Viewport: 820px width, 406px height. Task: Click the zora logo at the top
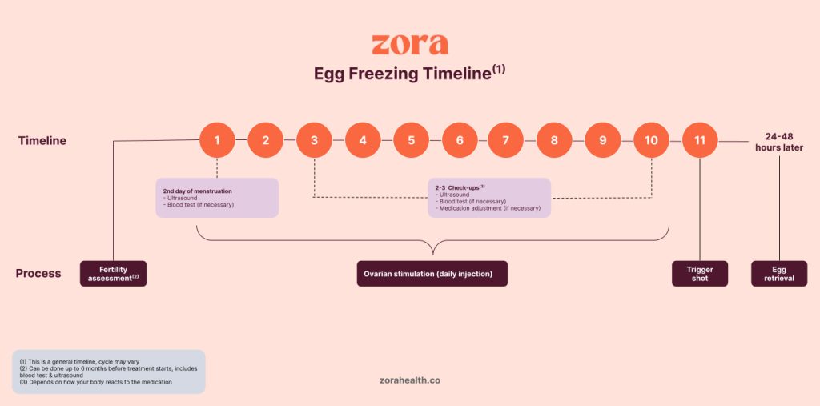click(x=409, y=44)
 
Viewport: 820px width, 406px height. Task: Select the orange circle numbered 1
click(x=217, y=140)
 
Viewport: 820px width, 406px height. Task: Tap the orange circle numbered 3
click(x=314, y=140)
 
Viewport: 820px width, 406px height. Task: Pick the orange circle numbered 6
click(x=460, y=140)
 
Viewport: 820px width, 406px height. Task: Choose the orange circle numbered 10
click(x=651, y=140)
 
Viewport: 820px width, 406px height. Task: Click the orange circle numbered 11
click(x=700, y=140)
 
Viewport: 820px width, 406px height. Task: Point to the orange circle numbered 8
click(x=554, y=140)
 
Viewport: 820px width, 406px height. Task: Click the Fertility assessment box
click(x=114, y=274)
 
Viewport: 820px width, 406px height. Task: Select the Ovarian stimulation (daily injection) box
click(x=432, y=274)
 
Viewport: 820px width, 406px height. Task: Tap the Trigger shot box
click(x=700, y=274)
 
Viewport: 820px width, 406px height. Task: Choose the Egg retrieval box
click(x=779, y=274)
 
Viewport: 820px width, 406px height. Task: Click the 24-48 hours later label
click(x=778, y=141)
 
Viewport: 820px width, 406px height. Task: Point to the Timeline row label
click(x=42, y=141)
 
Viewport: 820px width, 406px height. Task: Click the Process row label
click(x=38, y=273)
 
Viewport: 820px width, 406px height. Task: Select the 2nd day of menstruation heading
click(x=197, y=191)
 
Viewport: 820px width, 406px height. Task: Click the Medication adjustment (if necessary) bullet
click(x=488, y=208)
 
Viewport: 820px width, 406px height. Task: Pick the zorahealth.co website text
click(x=409, y=380)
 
